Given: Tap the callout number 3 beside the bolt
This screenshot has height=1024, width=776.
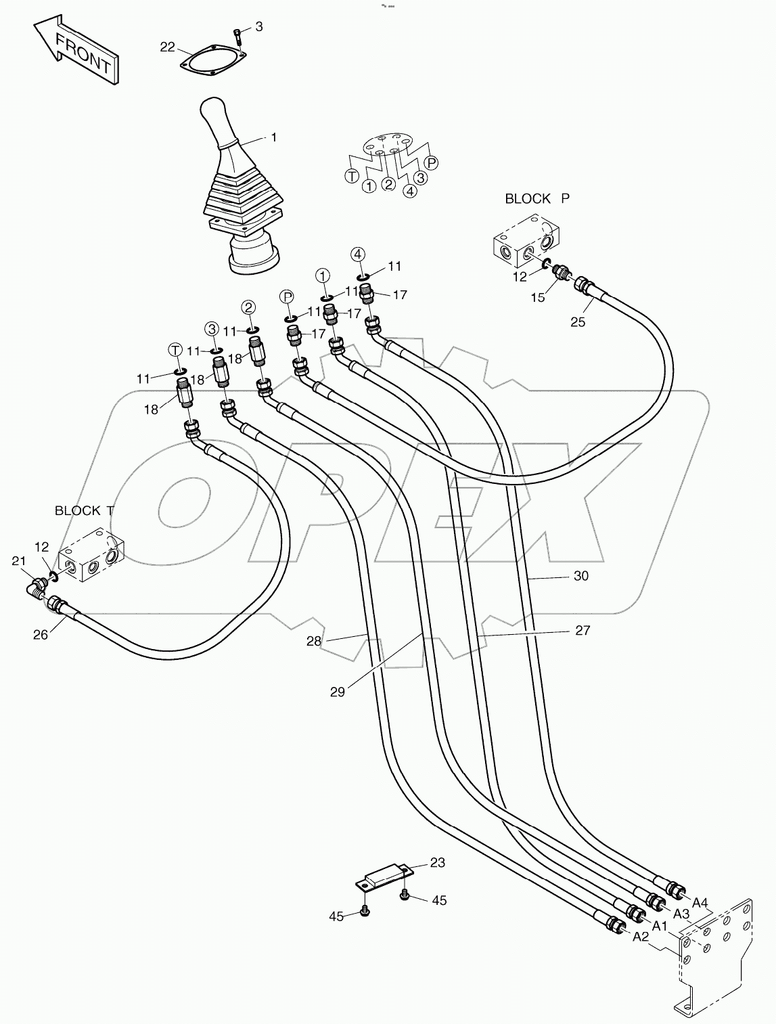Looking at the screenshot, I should coord(258,27).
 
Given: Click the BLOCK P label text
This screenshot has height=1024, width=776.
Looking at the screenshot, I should coord(537,199).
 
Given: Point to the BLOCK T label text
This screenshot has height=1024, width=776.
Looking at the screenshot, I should coord(84,511).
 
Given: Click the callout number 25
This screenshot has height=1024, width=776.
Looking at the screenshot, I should coord(577,321).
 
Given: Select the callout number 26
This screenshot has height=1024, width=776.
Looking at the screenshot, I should coord(41,635).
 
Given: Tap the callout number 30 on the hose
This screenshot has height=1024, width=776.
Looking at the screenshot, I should coord(580,577).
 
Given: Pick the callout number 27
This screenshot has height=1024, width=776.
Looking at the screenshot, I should coord(582,631).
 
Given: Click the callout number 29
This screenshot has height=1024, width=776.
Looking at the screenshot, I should coord(338,692).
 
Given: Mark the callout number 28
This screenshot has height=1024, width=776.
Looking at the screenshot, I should coord(314,641).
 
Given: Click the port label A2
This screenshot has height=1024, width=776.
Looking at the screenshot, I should coord(641,937).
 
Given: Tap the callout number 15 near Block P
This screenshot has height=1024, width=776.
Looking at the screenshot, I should coord(538,298).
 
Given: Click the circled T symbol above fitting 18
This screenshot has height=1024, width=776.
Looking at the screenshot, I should coord(175,350).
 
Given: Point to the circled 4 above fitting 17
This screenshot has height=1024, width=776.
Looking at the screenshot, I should coord(358,254).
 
